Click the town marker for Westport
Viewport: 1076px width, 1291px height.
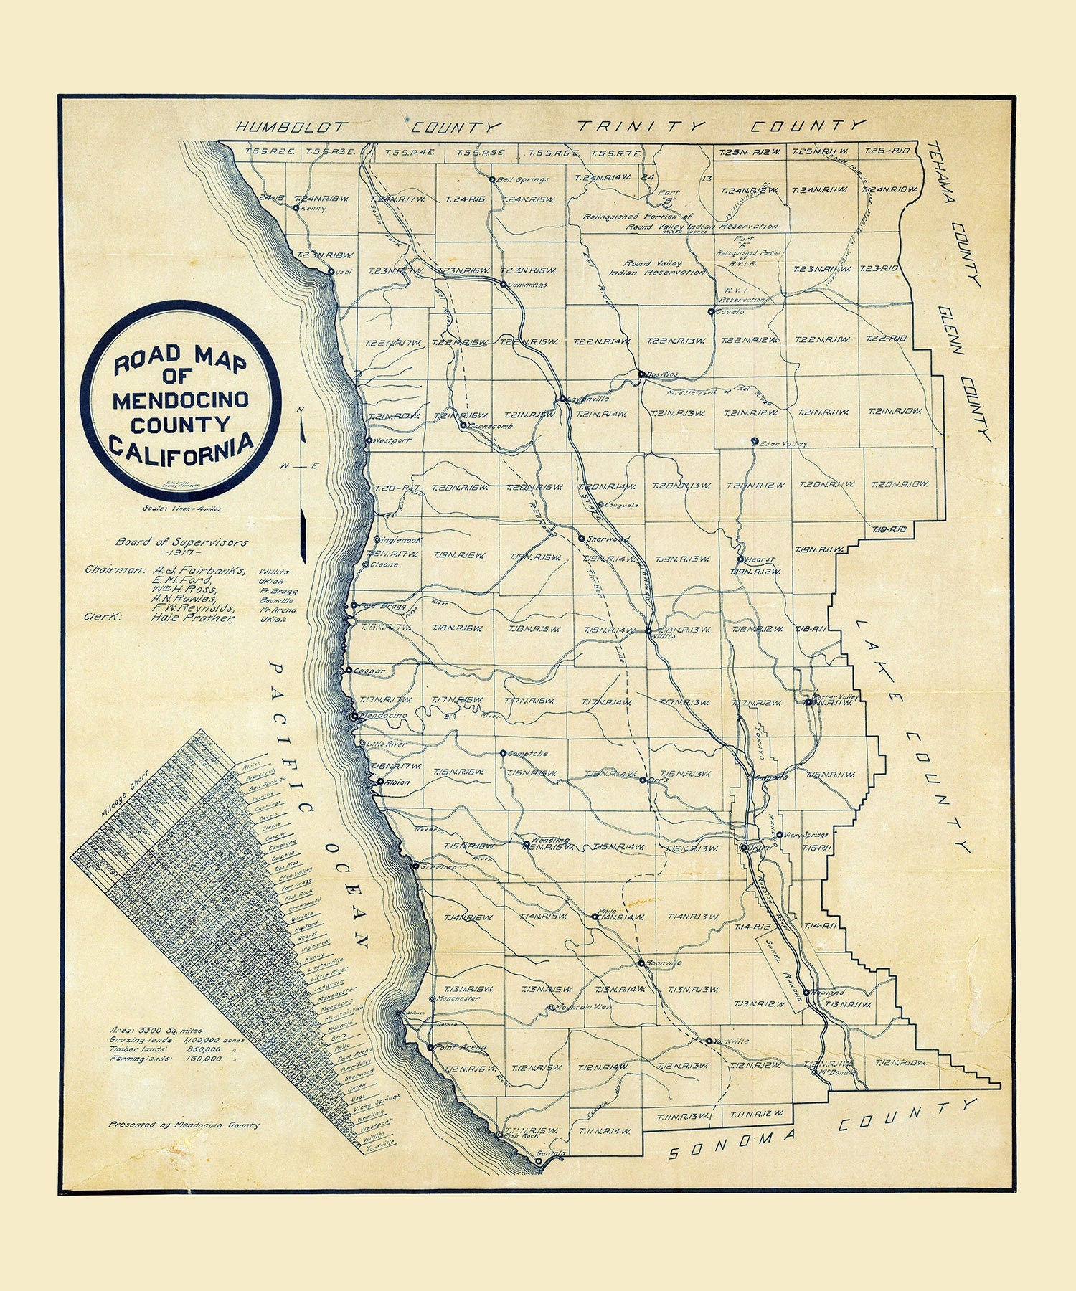tap(369, 440)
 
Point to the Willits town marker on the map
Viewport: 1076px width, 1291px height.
tap(648, 632)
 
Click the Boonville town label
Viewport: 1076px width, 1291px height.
tap(664, 963)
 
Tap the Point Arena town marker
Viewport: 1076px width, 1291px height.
tap(430, 1047)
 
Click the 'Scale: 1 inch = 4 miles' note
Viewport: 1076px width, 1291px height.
tap(183, 509)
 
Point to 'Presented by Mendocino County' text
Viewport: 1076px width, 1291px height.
tap(184, 1125)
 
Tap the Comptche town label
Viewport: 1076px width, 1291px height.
tap(527, 754)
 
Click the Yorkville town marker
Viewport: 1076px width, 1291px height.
tap(709, 1041)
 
